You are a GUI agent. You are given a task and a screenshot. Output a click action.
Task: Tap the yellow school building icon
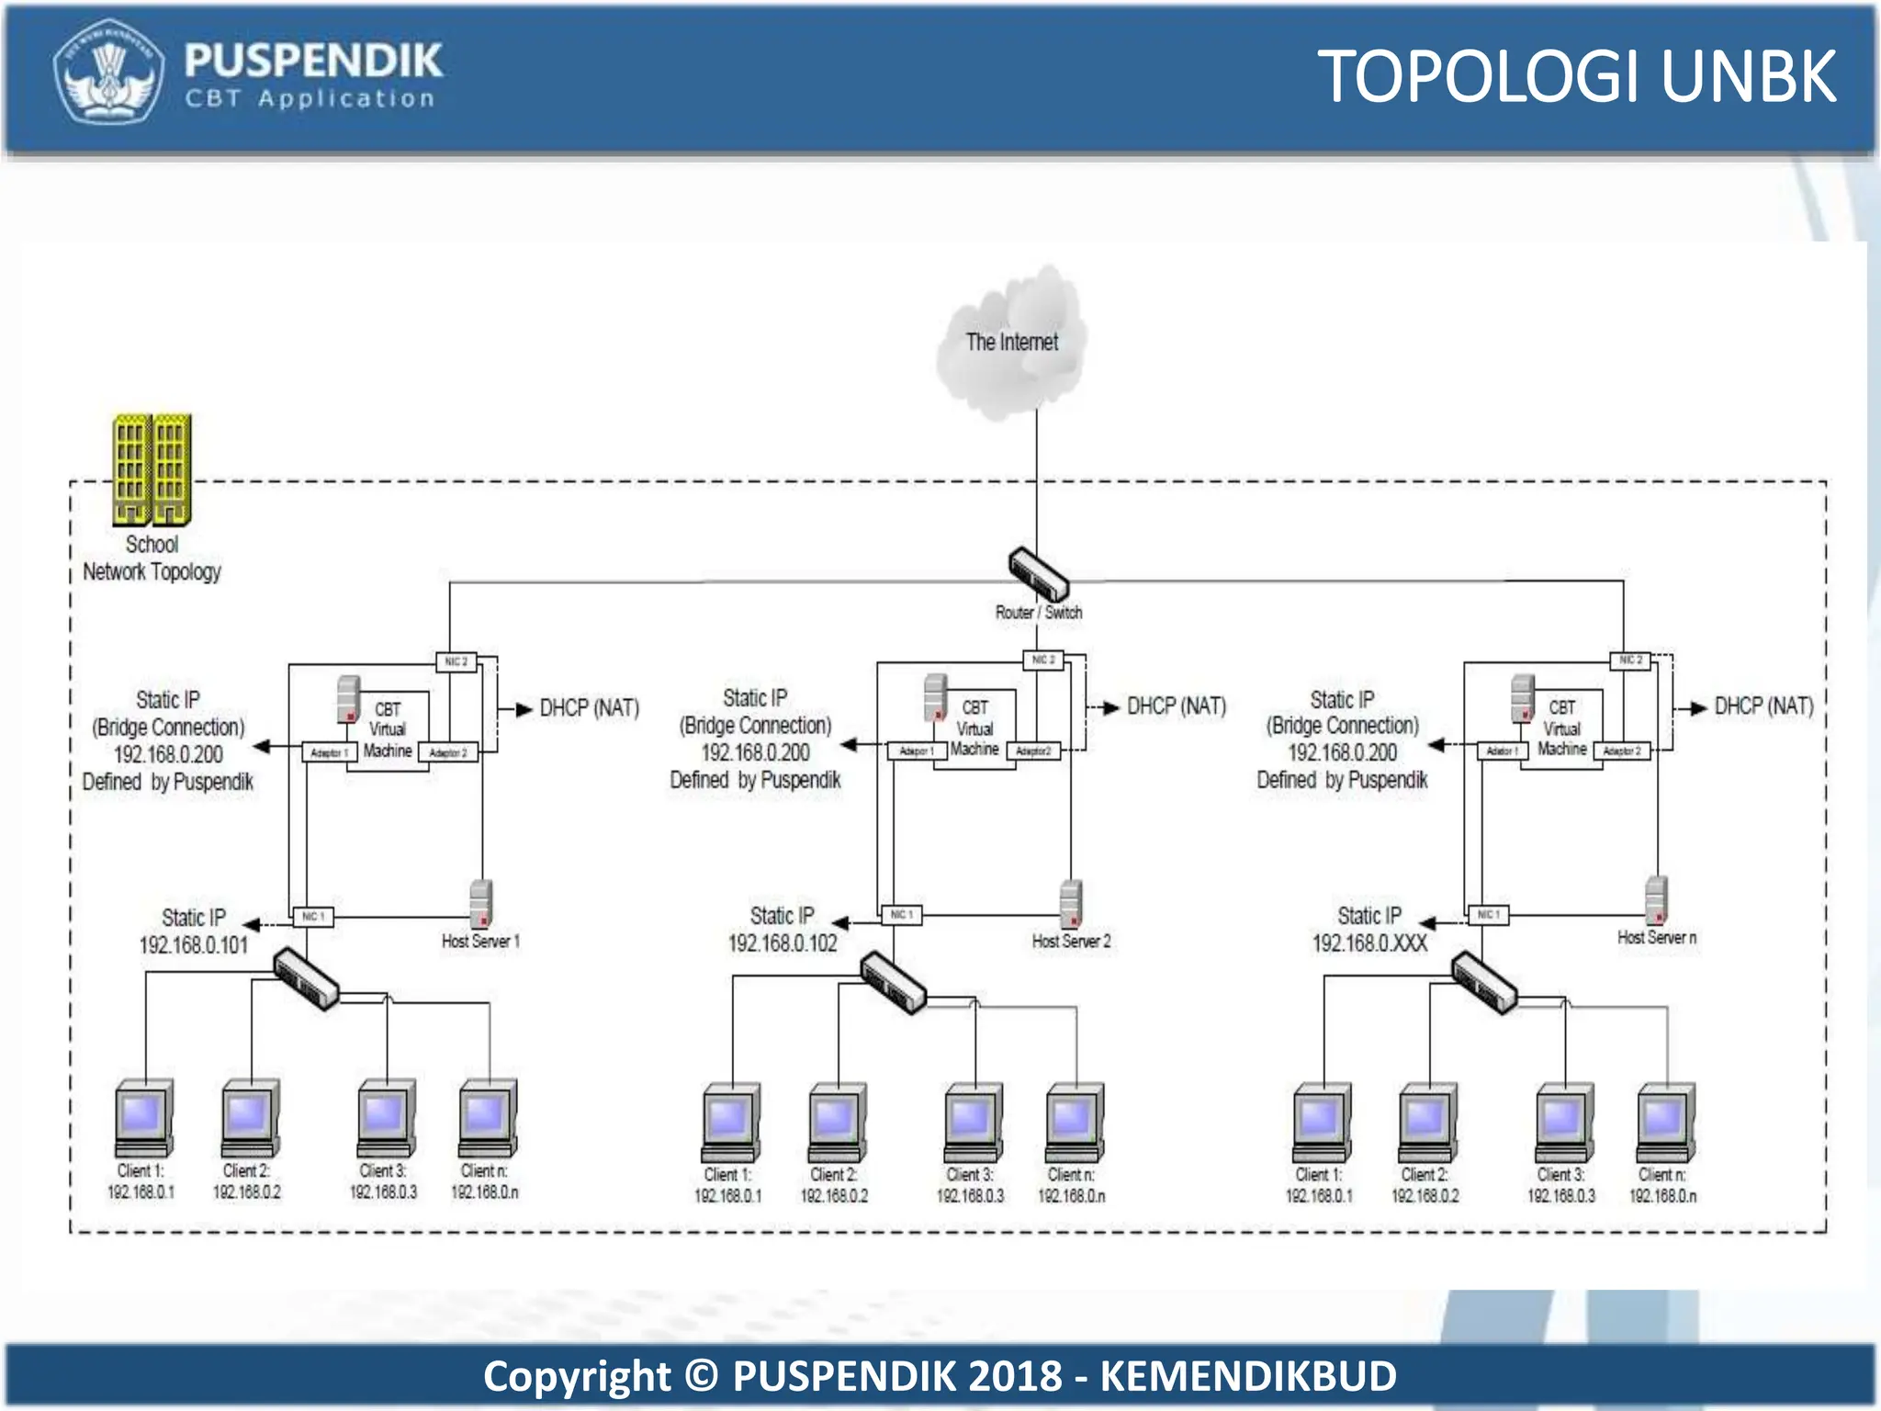tap(152, 469)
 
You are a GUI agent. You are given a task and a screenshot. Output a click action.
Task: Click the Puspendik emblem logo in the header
tap(108, 72)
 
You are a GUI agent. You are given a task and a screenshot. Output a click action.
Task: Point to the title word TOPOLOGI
tap(1479, 77)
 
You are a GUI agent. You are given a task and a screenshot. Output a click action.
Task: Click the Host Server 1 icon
tap(480, 903)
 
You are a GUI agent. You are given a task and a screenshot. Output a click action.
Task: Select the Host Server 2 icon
tap(1070, 903)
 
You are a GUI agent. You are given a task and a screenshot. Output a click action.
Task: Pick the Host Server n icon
tap(1656, 900)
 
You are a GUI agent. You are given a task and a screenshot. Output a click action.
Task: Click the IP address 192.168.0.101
tap(194, 945)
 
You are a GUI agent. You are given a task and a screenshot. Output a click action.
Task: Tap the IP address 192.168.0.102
tap(783, 943)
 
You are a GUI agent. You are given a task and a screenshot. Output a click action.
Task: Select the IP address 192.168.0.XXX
tap(1369, 943)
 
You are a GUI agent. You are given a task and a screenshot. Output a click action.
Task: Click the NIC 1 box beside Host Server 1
tap(312, 917)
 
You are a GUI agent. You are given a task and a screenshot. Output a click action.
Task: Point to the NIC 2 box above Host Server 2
tap(1043, 660)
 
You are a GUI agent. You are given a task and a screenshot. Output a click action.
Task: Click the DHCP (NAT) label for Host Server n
tap(1763, 706)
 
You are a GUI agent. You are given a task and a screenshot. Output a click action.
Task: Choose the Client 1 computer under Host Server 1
tap(143, 1119)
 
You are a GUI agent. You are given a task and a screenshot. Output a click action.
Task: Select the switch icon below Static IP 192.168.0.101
tap(306, 979)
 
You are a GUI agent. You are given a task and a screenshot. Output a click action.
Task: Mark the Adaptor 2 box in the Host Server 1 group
tap(448, 753)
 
